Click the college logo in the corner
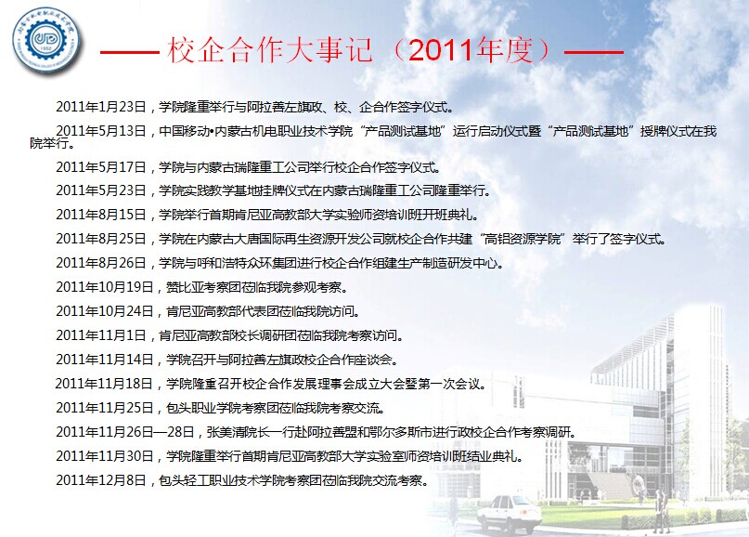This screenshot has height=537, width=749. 46,40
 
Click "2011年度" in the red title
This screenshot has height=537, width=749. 470,50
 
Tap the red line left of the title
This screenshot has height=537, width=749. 130,52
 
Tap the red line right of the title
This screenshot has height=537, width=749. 594,52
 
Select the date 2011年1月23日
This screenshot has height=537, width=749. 101,107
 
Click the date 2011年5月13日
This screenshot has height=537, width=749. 101,131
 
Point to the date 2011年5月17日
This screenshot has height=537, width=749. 101,167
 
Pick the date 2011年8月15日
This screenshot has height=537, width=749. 101,215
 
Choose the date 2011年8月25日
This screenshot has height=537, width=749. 101,239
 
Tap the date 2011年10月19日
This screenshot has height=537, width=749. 105,287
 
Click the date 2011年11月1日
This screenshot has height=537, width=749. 101,335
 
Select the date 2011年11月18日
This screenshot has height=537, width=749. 104,384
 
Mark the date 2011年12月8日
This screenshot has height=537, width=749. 101,479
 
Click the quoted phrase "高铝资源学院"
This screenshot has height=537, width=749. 523,239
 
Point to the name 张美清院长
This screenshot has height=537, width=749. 239,432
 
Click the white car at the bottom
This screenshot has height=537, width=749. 510,514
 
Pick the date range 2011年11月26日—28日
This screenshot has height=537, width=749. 124,432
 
